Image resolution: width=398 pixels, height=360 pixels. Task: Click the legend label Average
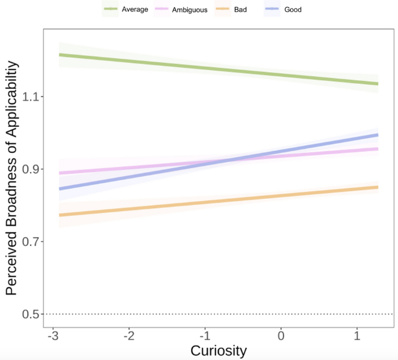point(135,9)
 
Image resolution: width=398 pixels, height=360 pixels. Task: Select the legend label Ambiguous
point(190,9)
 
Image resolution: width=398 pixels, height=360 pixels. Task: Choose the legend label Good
point(293,9)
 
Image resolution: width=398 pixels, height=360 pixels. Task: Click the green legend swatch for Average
point(110,9)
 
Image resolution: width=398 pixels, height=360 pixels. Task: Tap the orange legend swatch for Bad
point(223,9)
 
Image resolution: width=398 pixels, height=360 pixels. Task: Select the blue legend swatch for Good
point(272,9)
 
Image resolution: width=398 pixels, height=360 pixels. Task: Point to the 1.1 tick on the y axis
point(30,97)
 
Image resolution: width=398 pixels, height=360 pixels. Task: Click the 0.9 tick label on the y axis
point(30,169)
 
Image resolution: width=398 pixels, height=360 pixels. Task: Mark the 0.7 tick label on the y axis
point(30,241)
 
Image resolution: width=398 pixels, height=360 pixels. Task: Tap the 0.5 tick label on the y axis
point(30,314)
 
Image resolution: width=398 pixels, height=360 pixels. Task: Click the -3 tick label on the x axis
point(52,337)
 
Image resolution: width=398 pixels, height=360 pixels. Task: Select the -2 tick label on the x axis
point(128,337)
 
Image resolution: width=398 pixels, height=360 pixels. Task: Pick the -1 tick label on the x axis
point(205,337)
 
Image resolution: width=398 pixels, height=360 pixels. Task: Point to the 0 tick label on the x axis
point(281,337)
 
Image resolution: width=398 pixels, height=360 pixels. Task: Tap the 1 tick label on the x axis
point(357,337)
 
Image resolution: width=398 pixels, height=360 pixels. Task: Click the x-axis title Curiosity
point(218,351)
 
